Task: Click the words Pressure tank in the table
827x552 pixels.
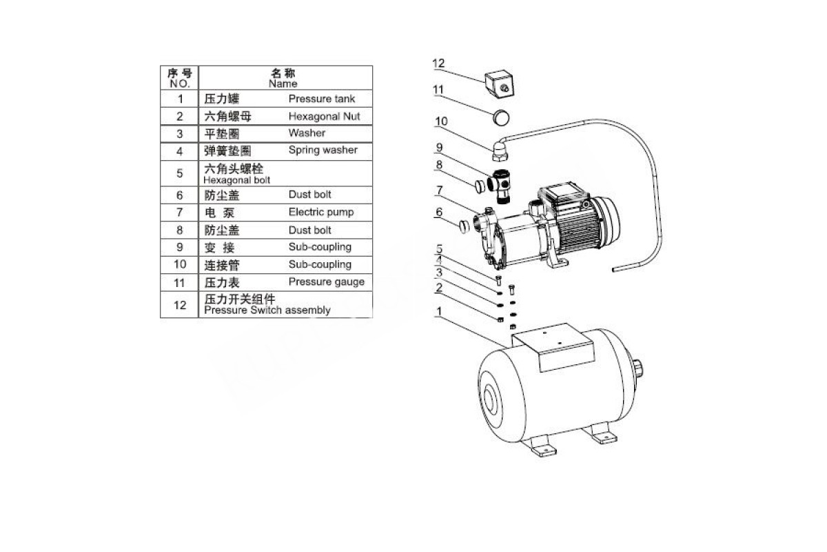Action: point(322,99)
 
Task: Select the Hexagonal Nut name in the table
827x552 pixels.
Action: point(324,117)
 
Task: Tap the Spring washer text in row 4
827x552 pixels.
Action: point(323,150)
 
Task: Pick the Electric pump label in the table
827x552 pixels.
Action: point(321,212)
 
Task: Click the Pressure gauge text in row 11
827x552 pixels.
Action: point(327,282)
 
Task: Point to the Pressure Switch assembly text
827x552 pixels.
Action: point(267,310)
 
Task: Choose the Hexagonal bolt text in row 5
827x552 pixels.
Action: point(236,180)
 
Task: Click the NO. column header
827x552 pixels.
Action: point(179,84)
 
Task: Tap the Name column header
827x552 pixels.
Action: point(283,84)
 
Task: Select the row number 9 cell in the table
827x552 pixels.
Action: point(179,247)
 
